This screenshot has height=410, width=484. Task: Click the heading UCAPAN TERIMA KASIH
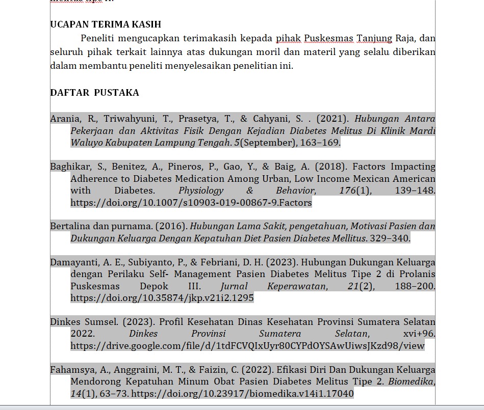106,24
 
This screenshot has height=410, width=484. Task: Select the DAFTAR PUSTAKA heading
94,93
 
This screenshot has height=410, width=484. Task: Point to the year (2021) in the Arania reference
333,119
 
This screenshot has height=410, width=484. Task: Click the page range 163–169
320,143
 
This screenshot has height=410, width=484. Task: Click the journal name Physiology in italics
200,190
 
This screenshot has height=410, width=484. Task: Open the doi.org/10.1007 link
191,203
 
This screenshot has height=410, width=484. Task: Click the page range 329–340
390,238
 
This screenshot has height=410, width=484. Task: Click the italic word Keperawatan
296,286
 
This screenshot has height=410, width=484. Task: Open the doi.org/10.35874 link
162,298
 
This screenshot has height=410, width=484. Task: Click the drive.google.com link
247,346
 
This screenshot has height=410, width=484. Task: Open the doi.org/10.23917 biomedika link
242,394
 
